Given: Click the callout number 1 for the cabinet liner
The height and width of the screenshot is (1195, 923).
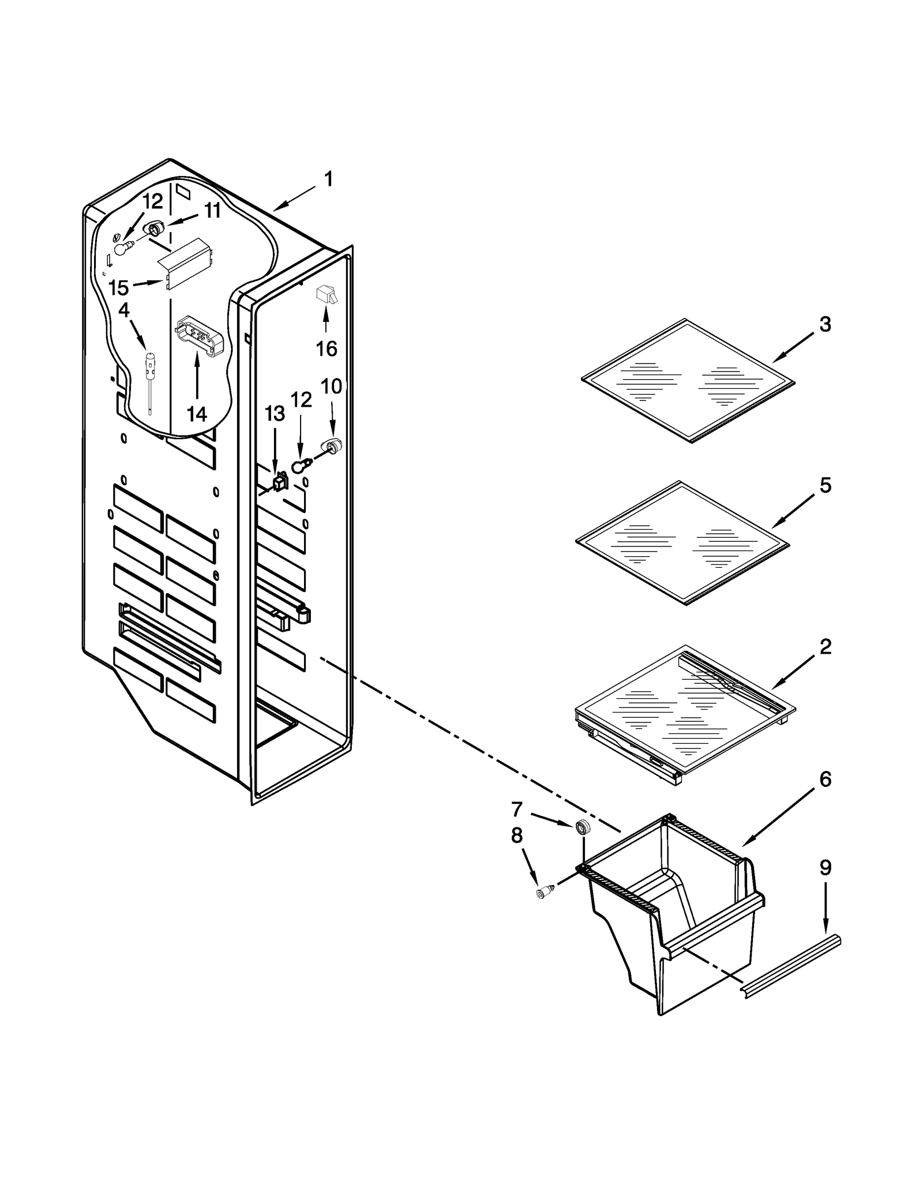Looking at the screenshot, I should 328,179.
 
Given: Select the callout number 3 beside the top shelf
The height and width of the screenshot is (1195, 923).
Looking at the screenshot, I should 825,324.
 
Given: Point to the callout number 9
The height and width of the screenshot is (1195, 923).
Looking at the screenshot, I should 826,883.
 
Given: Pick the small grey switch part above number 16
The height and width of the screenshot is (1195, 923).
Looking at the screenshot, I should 325,295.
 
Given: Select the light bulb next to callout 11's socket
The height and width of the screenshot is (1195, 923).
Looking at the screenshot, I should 122,248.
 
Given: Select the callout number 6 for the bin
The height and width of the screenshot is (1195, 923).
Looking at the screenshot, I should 826,780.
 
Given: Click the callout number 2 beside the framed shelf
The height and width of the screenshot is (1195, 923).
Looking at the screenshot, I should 826,647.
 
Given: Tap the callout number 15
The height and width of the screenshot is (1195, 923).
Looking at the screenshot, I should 119,287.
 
